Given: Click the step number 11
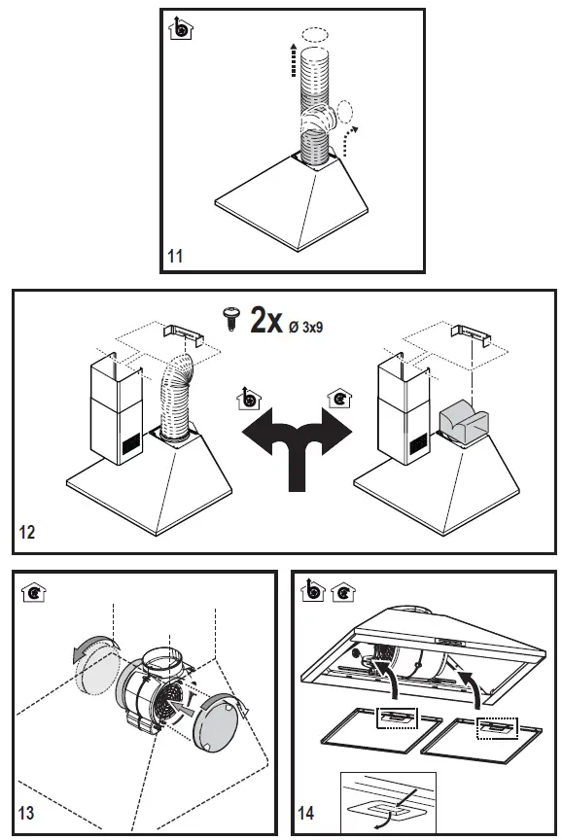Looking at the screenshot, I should [x=176, y=257].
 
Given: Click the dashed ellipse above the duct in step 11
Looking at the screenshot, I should [x=315, y=34].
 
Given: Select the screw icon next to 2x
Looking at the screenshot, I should [x=231, y=318].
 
